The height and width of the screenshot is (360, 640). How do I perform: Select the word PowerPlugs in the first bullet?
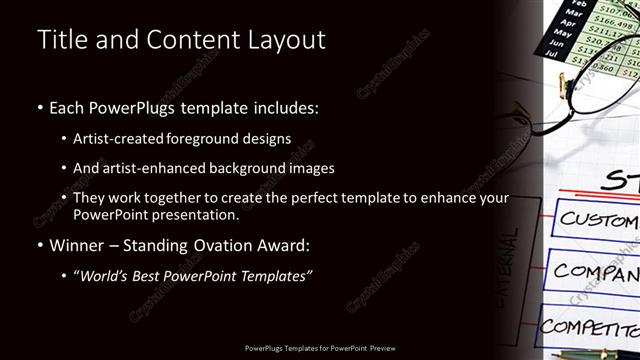[x=131, y=106]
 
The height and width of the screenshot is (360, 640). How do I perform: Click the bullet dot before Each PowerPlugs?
[x=39, y=106]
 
